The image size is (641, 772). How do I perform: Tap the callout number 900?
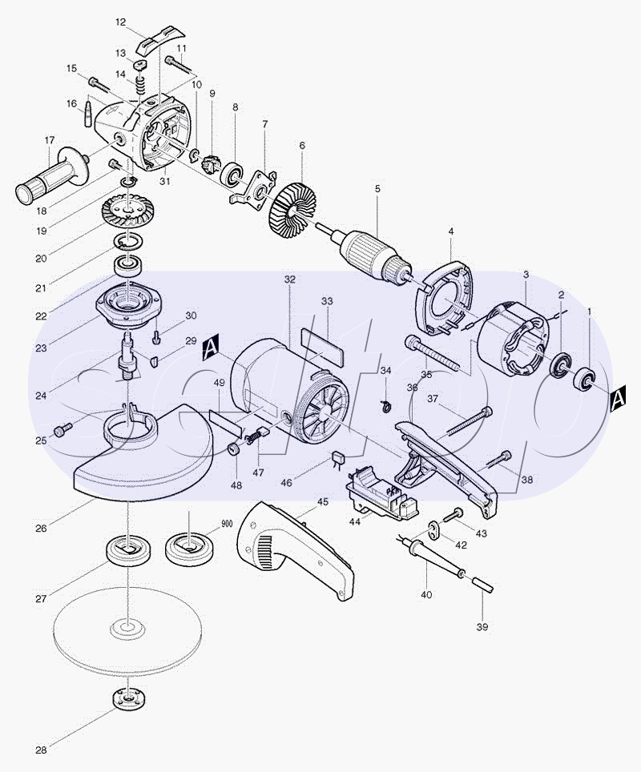(226, 523)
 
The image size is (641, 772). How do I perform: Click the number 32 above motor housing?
(290, 279)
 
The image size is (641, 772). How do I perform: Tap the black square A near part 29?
(210, 347)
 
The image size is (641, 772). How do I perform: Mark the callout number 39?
(482, 626)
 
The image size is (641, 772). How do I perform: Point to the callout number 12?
(121, 22)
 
